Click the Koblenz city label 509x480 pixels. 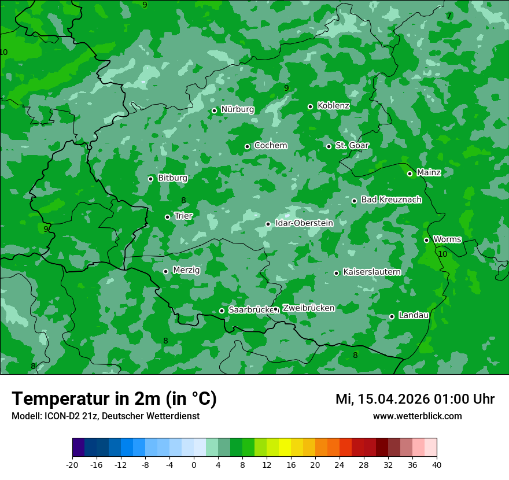333,106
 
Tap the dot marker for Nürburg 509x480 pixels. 214,110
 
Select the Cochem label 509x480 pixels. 270,146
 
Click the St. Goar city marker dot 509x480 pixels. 329,146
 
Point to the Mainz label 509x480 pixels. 429,173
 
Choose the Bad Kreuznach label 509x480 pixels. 391,200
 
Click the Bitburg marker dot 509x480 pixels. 150,179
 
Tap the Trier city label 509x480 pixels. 183,216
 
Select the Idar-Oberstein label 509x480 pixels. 304,223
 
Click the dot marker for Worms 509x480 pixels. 426,240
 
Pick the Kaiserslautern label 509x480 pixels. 371,272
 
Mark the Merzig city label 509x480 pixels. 186,271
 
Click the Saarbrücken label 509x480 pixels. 250,310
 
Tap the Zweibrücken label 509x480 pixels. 308,308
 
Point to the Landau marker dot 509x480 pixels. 392,316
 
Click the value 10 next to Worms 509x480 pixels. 442,254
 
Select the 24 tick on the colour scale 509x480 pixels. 340,464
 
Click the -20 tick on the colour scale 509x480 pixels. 72,464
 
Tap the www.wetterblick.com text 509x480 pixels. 417,416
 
